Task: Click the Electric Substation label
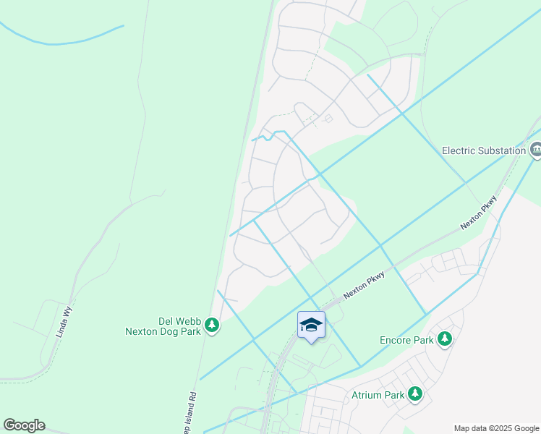point(484,150)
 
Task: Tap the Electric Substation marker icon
point(536,150)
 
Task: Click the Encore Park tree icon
point(445,339)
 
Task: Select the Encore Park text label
point(406,340)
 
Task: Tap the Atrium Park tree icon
point(414,394)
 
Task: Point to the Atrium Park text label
point(376,395)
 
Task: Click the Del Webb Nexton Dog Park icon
point(212,325)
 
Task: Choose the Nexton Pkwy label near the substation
point(480,213)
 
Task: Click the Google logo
point(24,425)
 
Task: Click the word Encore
point(396,340)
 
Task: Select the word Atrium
point(365,395)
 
